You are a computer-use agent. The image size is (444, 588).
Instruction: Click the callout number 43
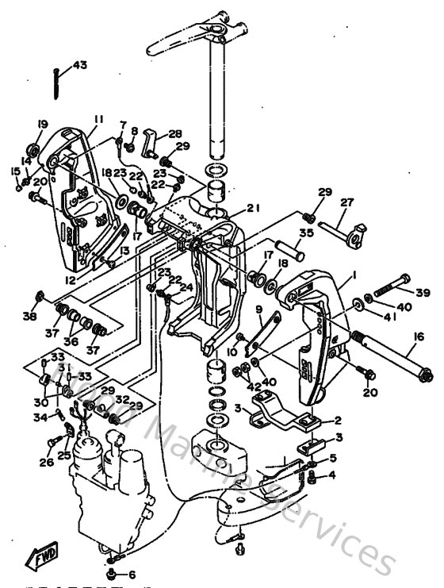[81, 65]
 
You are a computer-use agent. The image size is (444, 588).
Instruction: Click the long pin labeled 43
[57, 82]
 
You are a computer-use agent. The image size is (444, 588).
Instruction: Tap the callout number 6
[131, 575]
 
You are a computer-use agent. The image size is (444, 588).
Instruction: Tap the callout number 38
[31, 316]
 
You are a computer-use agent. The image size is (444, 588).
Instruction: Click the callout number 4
[332, 476]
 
